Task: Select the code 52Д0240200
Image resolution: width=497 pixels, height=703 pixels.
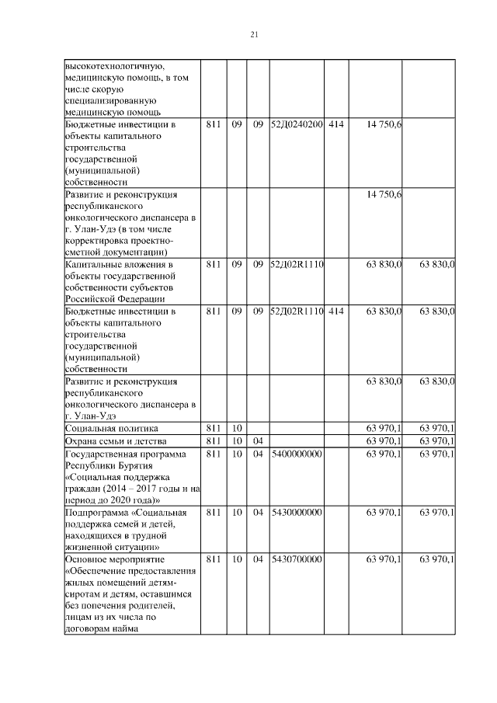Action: pos(296,124)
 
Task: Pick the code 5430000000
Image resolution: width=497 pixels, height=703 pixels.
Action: pos(296,513)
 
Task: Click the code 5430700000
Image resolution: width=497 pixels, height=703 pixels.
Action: pos(296,559)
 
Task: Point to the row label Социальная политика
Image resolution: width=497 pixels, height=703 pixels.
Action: pos(112,428)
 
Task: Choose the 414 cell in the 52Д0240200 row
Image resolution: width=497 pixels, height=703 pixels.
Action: pos(335,124)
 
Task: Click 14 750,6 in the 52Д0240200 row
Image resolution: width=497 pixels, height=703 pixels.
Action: pos(384,124)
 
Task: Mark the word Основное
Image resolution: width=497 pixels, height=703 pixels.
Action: pos(87,559)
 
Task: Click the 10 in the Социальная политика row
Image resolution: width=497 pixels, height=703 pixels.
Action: pos(237,428)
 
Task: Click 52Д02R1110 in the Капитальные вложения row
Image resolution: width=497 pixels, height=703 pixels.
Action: pos(296,265)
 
